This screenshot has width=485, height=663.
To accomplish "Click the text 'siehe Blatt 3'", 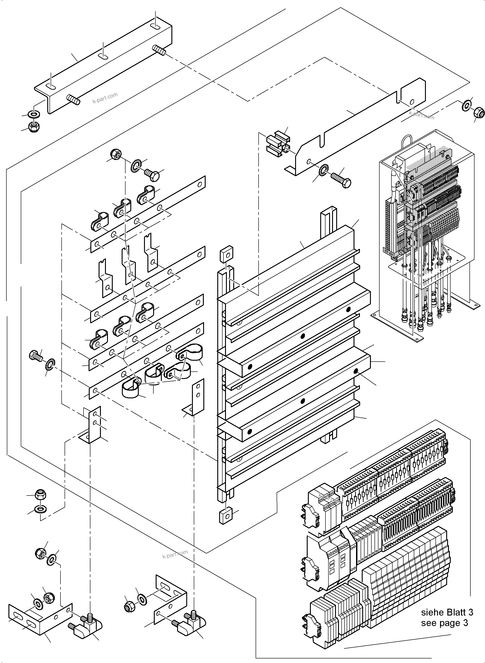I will (447, 612).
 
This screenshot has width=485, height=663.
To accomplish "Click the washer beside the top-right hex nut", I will (467, 106).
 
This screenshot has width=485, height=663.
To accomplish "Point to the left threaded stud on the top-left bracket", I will (73, 99).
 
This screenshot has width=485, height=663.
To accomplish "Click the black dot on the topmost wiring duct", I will (349, 310).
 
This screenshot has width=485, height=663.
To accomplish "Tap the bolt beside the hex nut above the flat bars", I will (152, 175).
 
